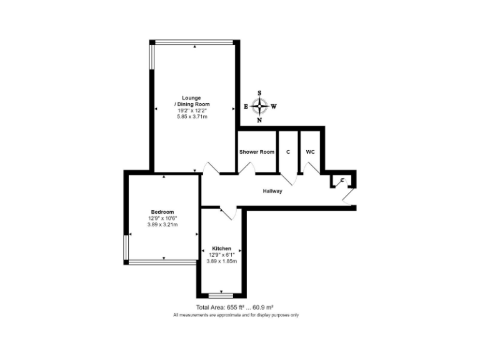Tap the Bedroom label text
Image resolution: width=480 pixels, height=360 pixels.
point(162,211)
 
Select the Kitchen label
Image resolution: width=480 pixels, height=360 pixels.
point(221,248)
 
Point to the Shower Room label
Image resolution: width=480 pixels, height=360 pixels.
point(257,152)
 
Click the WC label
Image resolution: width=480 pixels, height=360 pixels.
point(310,152)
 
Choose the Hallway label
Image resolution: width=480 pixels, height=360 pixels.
point(272,191)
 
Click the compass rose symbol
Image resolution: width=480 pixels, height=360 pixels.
point(260,106)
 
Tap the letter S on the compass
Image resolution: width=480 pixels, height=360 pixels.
point(260,93)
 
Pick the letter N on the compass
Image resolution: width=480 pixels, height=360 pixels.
point(260,120)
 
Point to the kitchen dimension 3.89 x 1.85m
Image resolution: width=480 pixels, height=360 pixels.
point(221,261)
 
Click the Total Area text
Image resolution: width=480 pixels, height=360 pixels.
point(235,307)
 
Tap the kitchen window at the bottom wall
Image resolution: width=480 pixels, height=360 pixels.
point(221,294)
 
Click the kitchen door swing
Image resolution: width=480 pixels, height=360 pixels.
point(227,214)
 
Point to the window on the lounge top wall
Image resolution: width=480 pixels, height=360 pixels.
point(194,42)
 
